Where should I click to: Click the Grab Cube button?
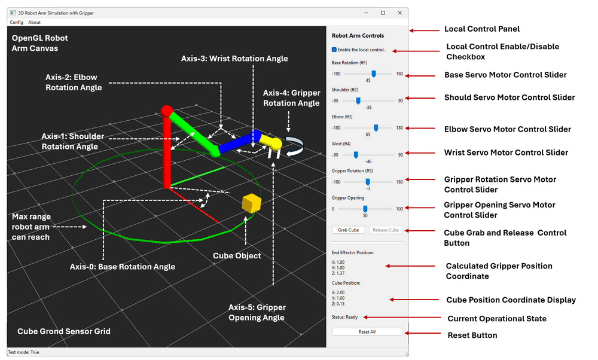click(348, 230)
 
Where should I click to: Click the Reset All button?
click(367, 332)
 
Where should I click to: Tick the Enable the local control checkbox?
click(334, 50)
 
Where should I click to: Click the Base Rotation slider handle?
click(374, 74)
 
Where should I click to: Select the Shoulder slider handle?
click(358, 100)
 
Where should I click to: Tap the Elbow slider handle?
click(376, 128)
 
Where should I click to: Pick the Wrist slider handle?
click(356, 155)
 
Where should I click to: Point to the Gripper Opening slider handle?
click(365, 209)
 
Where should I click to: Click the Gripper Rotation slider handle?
click(368, 182)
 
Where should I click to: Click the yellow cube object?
click(252, 203)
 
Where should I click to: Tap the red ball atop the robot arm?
click(167, 111)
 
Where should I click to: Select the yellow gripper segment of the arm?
click(271, 142)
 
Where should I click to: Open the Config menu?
click(16, 22)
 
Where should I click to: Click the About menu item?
click(34, 22)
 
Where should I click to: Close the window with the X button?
click(399, 13)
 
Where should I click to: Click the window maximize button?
click(383, 13)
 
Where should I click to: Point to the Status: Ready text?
click(345, 317)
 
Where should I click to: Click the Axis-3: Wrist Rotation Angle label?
click(234, 59)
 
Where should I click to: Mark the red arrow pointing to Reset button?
click(423, 333)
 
